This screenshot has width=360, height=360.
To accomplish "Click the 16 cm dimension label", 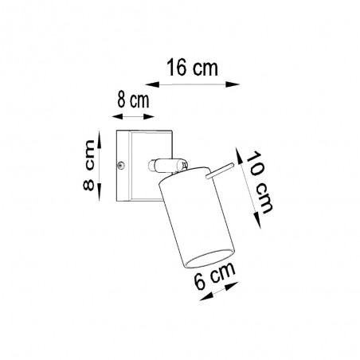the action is click(192, 68).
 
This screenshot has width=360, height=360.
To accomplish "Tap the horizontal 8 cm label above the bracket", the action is click(133, 100).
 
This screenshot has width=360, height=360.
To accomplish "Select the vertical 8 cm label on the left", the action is click(89, 165).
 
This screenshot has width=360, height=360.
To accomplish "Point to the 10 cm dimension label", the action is click(259, 182).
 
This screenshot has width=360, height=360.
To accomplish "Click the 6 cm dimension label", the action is click(214, 276).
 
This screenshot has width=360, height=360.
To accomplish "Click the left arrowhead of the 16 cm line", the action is click(152, 84).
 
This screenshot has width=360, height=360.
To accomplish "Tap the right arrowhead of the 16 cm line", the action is click(233, 84).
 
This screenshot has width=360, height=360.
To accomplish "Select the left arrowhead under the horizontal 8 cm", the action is click(118, 116).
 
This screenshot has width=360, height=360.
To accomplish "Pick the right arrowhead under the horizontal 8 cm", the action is click(149, 116).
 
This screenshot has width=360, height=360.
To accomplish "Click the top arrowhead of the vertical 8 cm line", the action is click(99, 139).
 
